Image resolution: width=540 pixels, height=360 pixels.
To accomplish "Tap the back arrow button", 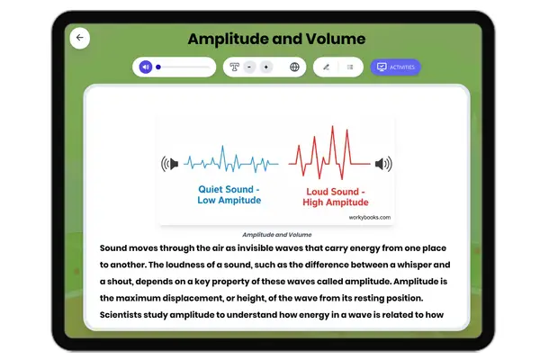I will [x=80, y=38].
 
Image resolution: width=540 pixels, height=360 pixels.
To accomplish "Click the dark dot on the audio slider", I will [x=158, y=67].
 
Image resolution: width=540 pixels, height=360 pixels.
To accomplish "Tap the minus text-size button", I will [x=249, y=67].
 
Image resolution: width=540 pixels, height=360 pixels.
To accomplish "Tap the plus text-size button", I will [x=265, y=67].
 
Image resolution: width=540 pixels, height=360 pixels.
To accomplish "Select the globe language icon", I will [x=294, y=67].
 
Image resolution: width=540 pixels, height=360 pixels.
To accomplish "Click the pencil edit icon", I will [x=326, y=67].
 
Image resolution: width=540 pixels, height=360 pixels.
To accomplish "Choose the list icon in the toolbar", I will [x=349, y=67].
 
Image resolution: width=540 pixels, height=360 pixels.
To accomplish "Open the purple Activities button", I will [x=395, y=67].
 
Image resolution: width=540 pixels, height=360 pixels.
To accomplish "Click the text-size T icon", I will [x=234, y=67].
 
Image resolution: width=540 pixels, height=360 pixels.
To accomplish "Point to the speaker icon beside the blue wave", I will [x=169, y=164].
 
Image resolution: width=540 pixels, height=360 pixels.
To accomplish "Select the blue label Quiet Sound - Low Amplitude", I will [x=229, y=194].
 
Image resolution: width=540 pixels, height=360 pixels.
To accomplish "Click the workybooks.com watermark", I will [x=370, y=217].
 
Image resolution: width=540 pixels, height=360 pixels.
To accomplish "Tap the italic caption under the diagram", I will [x=276, y=234].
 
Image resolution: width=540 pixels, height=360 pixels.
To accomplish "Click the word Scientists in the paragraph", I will [x=132, y=315].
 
